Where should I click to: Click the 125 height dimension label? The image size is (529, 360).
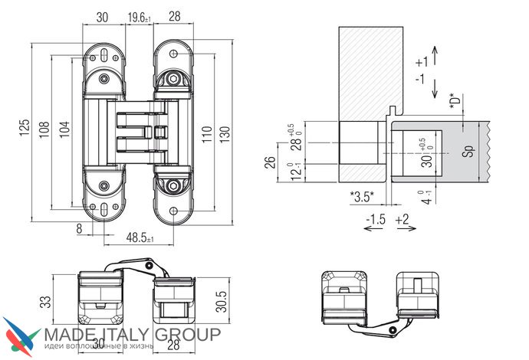coord(25,126)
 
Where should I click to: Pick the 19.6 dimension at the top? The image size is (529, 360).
coord(140,17)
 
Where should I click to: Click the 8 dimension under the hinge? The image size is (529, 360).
coord(79,228)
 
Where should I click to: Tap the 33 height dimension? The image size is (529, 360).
coord(45,303)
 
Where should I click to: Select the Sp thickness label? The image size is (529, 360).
coord(468,151)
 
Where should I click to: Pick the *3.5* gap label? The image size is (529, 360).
coord(361,198)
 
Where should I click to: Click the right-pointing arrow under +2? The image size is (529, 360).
coord(403,232)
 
